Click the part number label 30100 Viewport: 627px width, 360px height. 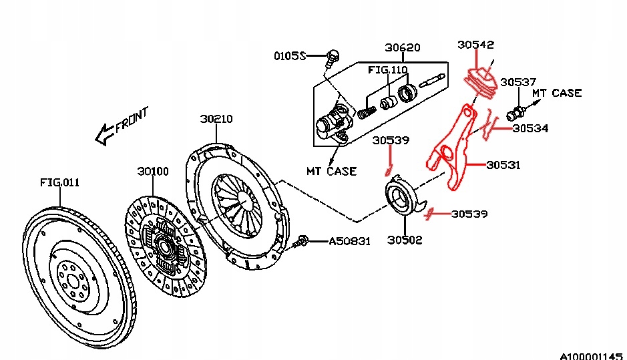(153, 171)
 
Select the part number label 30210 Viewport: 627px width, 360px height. (216, 119)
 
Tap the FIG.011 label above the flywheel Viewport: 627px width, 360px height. (59, 182)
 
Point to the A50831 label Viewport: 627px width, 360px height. (349, 241)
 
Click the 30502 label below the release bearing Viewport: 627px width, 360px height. (405, 240)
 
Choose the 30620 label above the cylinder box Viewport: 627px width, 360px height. (402, 47)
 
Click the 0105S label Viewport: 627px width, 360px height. (289, 56)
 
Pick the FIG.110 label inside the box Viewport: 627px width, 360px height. (388, 69)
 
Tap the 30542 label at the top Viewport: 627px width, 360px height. (475, 45)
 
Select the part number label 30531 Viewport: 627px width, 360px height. (504, 164)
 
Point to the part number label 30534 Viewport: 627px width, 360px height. (530, 128)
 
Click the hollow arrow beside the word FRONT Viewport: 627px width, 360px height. (104, 136)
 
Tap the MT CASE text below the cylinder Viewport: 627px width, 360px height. (331, 171)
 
